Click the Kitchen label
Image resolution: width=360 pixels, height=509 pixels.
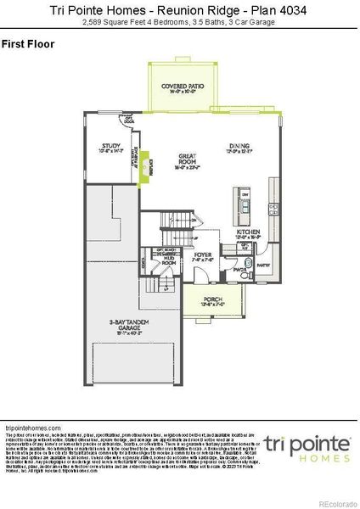pyautogui.click(x=248, y=232)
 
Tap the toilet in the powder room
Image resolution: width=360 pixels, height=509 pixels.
pyautogui.click(x=246, y=275)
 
